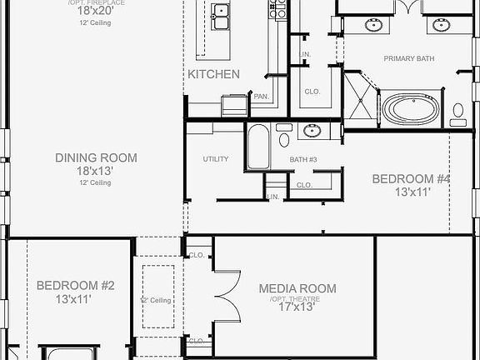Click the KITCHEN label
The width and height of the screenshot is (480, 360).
click(213, 74)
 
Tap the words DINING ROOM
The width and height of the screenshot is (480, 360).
click(96, 157)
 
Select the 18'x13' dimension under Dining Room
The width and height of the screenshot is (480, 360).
click(96, 171)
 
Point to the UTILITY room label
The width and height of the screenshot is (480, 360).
click(216, 159)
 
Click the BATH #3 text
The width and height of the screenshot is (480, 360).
click(304, 159)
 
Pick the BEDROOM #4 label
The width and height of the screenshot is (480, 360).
click(411, 178)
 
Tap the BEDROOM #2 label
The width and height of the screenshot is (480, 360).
click(75, 286)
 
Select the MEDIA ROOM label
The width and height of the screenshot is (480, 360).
click(297, 288)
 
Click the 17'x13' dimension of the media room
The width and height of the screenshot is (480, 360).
click(297, 306)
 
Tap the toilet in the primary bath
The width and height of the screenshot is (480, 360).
click(458, 112)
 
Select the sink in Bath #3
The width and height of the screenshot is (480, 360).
click(312, 130)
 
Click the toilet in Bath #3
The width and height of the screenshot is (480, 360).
click(284, 134)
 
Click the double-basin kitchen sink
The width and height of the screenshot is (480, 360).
click(221, 17)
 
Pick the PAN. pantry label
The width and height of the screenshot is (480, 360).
click(260, 97)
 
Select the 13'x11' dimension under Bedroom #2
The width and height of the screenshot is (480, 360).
click(75, 299)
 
